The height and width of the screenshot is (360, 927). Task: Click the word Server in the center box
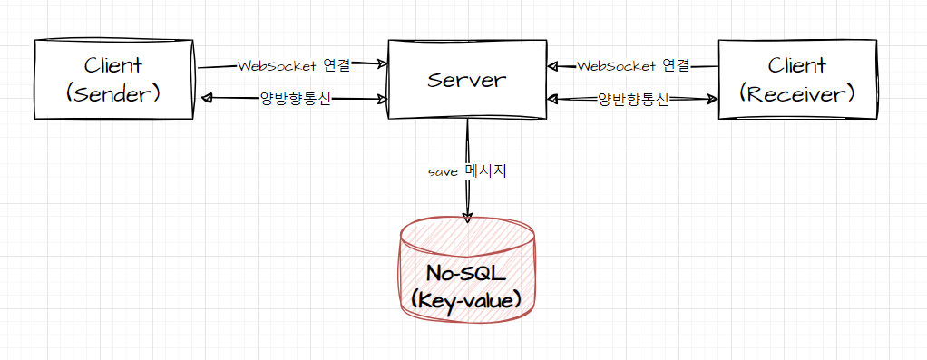[x=466, y=80]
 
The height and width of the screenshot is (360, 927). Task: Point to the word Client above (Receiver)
[x=797, y=65]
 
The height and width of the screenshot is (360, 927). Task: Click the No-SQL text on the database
[x=466, y=272]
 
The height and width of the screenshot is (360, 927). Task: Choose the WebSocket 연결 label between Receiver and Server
[x=633, y=66]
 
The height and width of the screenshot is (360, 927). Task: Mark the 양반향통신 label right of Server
[x=633, y=100]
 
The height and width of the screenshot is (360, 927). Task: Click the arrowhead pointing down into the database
[x=467, y=215]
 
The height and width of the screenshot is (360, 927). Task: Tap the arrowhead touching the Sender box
[x=206, y=98]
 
